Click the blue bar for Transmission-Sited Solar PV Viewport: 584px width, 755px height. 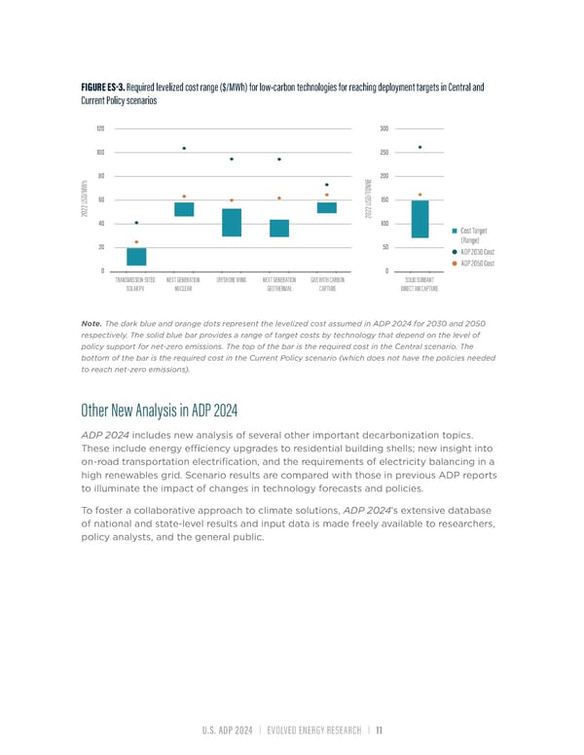pyautogui.click(x=136, y=257)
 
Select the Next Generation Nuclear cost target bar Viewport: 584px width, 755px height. pyautogui.click(x=184, y=209)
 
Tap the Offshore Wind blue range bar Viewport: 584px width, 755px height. pyautogui.click(x=232, y=223)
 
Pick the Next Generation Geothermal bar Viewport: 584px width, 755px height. pyautogui.click(x=279, y=228)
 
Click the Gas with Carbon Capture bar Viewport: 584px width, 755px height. pyautogui.click(x=327, y=207)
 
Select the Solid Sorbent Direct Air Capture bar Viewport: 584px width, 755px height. pyautogui.click(x=420, y=219)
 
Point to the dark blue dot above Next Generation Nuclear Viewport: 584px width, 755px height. pyautogui.click(x=184, y=148)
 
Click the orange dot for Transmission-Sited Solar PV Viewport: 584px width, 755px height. pyautogui.click(x=136, y=241)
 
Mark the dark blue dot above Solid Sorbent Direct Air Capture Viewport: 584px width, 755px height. pyautogui.click(x=420, y=147)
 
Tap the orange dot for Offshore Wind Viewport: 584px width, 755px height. pyautogui.click(x=232, y=199)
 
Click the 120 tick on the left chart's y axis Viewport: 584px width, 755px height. pyautogui.click(x=100, y=128)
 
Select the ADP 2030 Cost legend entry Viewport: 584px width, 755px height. pyautogui.click(x=477, y=252)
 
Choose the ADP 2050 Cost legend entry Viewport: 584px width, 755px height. pyautogui.click(x=477, y=264)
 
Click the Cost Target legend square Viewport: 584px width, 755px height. pyautogui.click(x=455, y=230)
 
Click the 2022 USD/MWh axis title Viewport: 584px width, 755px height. pyautogui.click(x=90, y=199)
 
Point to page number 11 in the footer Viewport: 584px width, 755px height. pyautogui.click(x=381, y=729)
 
